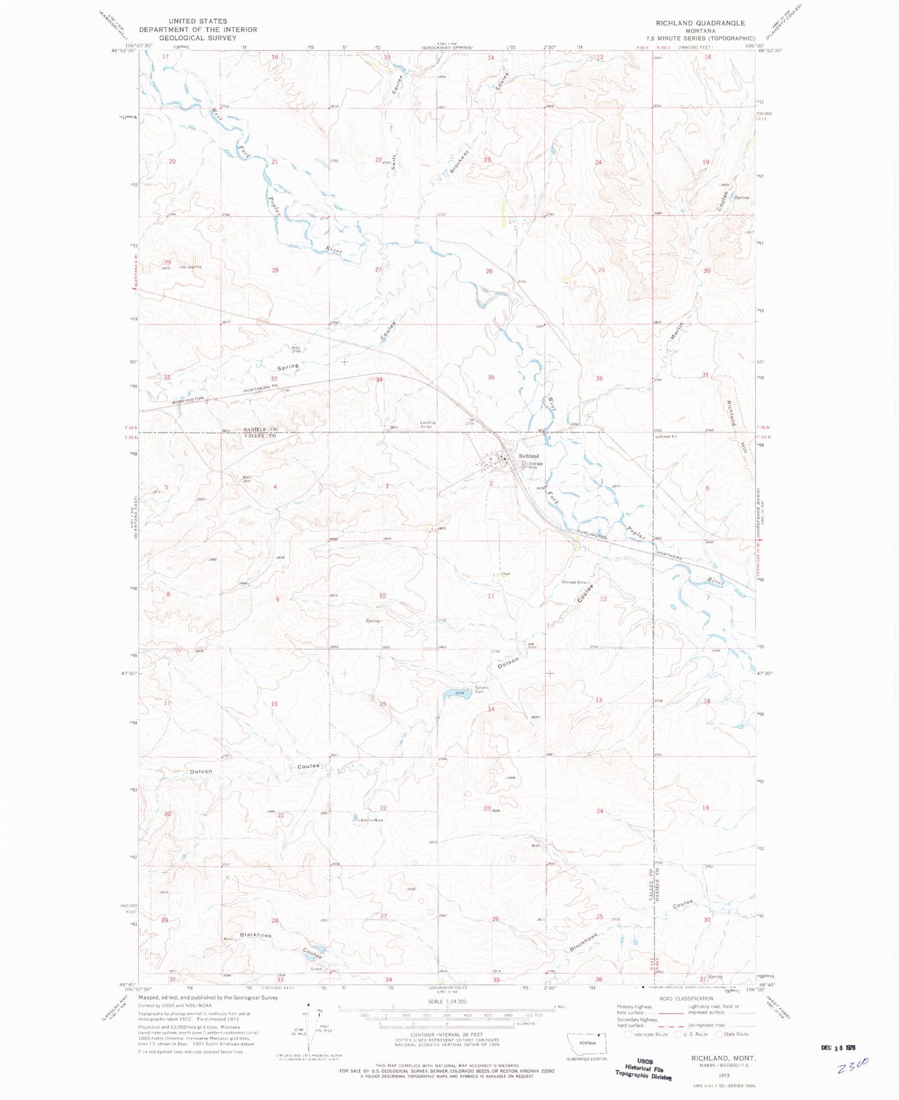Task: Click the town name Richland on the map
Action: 529,456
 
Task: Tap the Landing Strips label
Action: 427,425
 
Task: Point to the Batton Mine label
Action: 371,820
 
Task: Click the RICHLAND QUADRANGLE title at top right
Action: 700,23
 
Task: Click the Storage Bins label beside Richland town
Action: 536,464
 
